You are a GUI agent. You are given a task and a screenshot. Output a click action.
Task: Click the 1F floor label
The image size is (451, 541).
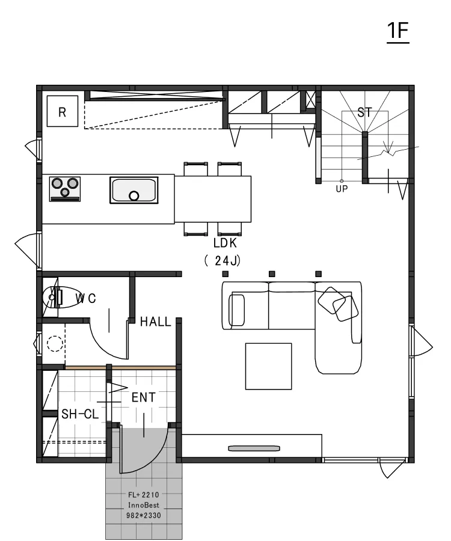[398, 32]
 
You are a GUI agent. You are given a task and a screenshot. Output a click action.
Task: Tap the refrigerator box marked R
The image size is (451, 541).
[62, 111]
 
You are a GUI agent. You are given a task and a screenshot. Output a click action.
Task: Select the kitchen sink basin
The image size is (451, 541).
[133, 191]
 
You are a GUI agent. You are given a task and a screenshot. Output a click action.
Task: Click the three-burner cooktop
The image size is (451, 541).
[65, 187]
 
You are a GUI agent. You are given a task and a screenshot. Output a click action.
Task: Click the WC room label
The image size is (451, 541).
[85, 298]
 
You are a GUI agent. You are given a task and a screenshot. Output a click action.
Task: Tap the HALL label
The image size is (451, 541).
[155, 322]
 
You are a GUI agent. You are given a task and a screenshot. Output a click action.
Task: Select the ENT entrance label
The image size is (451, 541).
[143, 397]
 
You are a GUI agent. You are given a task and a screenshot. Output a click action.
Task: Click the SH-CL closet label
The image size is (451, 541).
[81, 414]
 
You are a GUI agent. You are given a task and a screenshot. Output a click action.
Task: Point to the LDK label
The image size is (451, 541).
[226, 243]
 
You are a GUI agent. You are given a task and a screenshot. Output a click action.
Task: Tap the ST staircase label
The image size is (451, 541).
[364, 112]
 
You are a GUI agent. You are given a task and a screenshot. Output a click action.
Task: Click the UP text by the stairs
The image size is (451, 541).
[342, 188]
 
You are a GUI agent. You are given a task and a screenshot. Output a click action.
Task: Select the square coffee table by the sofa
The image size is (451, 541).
[268, 366]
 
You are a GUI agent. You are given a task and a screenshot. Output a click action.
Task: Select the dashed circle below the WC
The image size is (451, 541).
[55, 344]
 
